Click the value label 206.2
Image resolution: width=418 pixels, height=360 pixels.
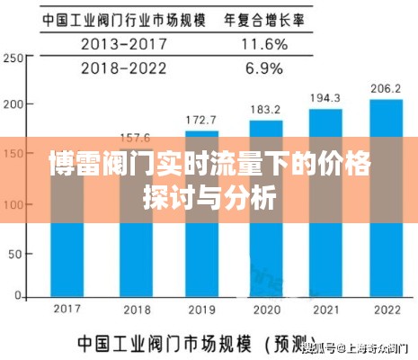point(386,88)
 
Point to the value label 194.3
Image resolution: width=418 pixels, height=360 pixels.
point(325,98)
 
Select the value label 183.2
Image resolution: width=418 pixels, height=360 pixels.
point(265,109)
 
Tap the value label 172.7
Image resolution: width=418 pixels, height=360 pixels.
point(200,120)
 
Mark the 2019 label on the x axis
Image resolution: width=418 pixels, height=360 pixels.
point(200,310)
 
